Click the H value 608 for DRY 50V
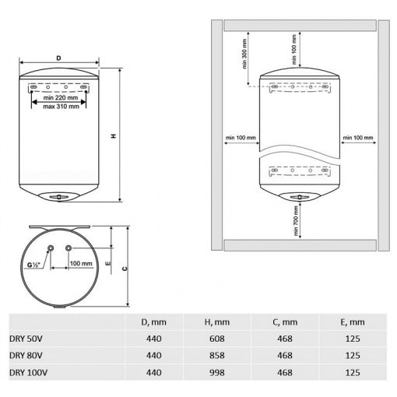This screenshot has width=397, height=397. tap(216, 339)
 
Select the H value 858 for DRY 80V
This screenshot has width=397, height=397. tap(216, 355)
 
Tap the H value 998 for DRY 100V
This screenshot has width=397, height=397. tap(216, 373)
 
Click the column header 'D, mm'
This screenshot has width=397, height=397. tap(153, 322)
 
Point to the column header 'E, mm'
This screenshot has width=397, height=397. tap(353, 322)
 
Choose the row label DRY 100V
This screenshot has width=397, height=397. tap(28, 373)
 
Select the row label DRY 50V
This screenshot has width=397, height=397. tap(26, 339)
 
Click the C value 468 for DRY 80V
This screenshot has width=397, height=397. tap(285, 355)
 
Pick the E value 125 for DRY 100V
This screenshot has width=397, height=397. tap(353, 373)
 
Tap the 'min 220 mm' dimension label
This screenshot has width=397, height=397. tap(61, 98)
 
